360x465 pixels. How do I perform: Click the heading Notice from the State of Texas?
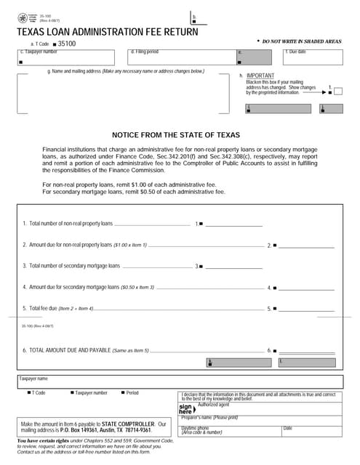coord(180,135)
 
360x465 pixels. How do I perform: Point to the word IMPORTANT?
coord(260,76)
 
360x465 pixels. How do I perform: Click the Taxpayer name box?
coord(180,384)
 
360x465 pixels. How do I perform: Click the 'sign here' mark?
coord(186,408)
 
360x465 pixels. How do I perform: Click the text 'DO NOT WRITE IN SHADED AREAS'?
coord(301,42)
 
